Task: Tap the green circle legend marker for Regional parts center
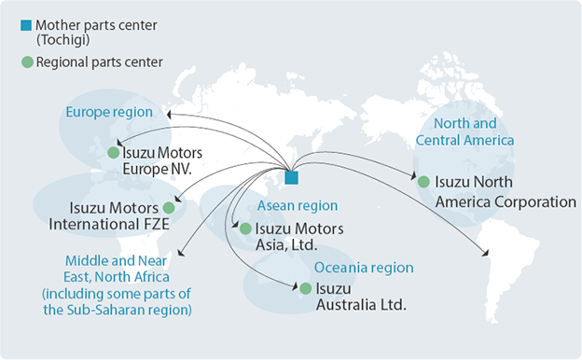(x=25, y=62)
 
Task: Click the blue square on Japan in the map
(x=292, y=177)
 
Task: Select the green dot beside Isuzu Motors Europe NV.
(x=114, y=152)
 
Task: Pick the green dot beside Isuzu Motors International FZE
(x=168, y=207)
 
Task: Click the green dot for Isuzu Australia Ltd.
(x=305, y=288)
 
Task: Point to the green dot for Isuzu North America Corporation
(x=423, y=182)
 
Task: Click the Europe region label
(x=106, y=113)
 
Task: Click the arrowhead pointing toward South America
(x=485, y=253)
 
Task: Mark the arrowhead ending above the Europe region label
(x=169, y=113)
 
